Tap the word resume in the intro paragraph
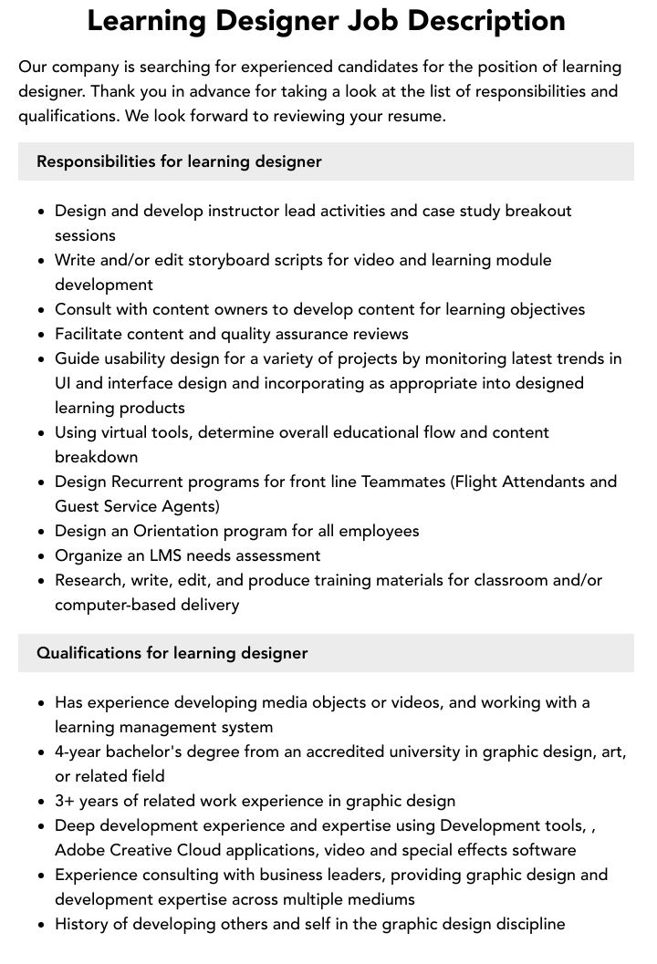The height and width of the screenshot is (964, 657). pos(415,116)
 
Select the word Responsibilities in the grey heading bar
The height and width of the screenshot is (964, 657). pos(96,161)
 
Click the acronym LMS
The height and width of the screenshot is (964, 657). pos(179,555)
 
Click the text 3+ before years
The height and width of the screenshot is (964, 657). pos(66,801)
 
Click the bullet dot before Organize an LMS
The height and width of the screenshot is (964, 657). pos(42,555)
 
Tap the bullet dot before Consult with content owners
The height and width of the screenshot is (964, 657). pos(42,309)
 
